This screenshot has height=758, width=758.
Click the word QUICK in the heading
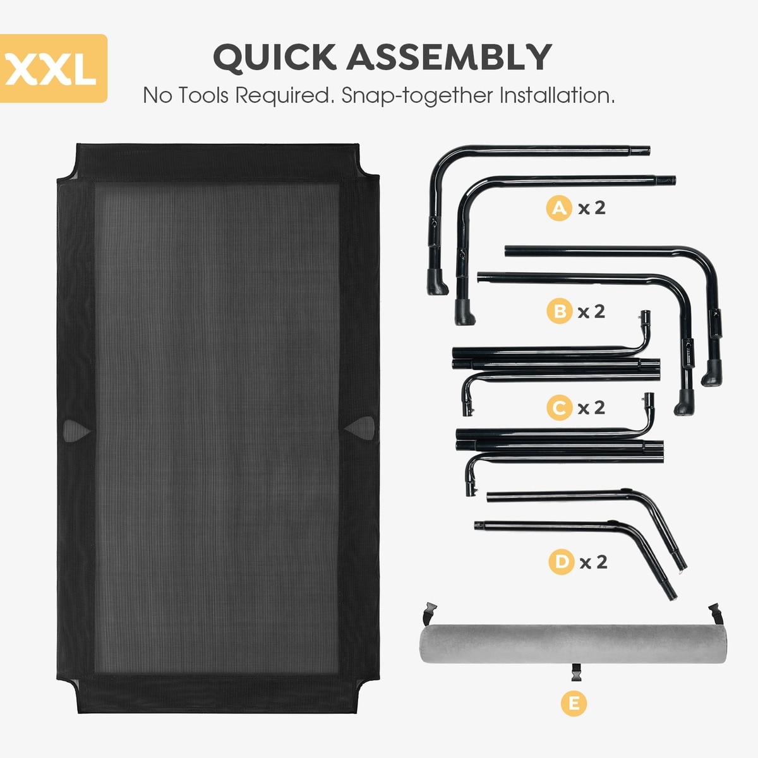274,57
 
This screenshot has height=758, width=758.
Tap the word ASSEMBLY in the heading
449,57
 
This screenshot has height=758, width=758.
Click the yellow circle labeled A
558,207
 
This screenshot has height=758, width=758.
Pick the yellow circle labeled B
558,311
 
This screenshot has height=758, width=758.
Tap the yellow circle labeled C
558,407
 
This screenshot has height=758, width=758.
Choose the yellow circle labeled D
561,562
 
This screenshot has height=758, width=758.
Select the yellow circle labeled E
574,703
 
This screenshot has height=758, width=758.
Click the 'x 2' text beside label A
592,207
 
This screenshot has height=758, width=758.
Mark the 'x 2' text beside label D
594,562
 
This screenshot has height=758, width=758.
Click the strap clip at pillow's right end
715,611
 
